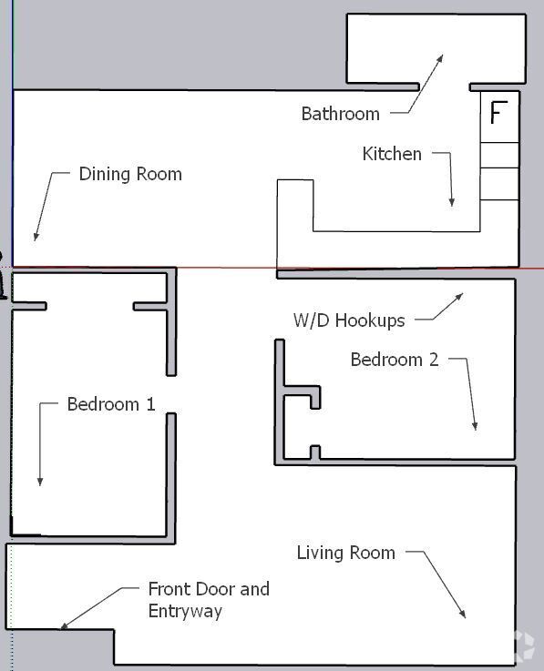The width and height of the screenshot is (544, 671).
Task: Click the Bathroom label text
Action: tap(340, 114)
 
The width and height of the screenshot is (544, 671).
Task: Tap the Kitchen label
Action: tap(392, 154)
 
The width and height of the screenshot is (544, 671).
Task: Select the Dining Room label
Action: tap(130, 174)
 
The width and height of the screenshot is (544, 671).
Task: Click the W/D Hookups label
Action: tap(348, 320)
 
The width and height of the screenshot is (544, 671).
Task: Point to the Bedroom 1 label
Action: tap(111, 404)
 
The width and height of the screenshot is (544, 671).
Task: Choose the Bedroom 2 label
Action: tap(395, 360)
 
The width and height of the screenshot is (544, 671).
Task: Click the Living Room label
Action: tap(346, 553)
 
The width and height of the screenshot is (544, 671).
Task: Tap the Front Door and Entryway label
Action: tap(209, 599)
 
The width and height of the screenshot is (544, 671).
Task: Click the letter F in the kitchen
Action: tap(498, 114)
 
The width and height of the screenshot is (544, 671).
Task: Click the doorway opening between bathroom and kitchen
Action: tap(444, 87)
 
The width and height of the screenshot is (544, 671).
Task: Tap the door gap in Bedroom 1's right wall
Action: tap(171, 394)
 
